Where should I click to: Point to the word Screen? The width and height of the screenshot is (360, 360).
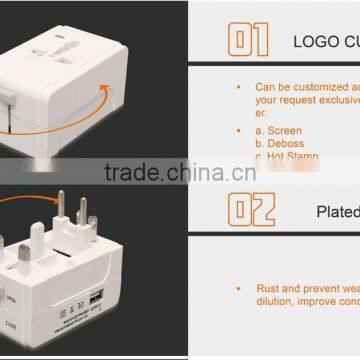click(285, 130)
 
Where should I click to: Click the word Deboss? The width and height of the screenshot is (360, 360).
click(286, 143)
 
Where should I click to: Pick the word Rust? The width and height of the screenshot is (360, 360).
click(268, 287)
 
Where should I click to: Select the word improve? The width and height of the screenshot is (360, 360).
click(319, 300)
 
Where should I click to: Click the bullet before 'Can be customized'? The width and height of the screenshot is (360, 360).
click(238, 87)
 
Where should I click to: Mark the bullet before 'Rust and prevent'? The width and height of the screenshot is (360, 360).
click(238, 287)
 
